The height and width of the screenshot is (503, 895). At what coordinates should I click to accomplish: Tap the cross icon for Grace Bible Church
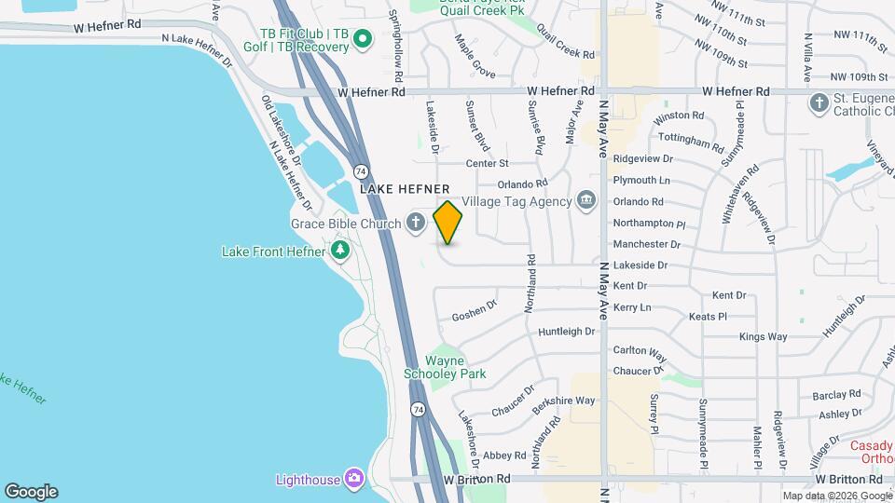416,223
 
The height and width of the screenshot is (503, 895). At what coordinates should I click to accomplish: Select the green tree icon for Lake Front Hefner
340,251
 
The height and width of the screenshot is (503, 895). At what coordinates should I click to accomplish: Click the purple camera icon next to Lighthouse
353,479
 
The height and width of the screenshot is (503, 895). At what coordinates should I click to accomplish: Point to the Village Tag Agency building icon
586,200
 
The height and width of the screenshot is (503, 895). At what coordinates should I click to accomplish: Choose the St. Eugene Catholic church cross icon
819,103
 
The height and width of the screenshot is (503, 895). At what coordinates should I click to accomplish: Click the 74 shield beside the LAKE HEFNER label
360,171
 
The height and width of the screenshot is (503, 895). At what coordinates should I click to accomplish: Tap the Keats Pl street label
708,317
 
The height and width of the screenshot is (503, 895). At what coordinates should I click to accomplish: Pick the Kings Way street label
763,336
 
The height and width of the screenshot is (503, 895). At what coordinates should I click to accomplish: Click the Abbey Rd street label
505,455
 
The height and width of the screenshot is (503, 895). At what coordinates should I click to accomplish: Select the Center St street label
487,163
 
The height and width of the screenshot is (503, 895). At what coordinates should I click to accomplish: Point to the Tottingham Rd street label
691,142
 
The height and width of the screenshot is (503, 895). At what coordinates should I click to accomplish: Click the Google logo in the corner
31,491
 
